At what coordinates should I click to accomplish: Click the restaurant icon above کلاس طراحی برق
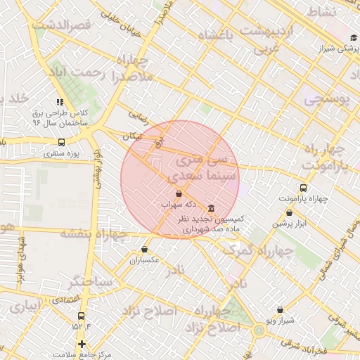click(60, 101)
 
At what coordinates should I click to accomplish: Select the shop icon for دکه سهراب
click(179, 193)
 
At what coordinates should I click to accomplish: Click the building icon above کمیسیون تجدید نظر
click(212, 209)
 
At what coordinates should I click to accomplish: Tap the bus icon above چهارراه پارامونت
click(303, 188)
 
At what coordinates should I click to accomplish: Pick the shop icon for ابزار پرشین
click(289, 213)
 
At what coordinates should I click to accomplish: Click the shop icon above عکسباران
click(145, 249)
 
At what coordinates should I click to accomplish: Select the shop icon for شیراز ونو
click(280, 309)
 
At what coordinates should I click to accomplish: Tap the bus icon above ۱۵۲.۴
click(81, 316)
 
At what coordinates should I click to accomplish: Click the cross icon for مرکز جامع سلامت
click(82, 345)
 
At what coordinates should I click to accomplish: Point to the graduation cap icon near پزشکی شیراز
click(353, 37)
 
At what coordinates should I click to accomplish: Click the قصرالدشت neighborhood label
click(63, 26)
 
